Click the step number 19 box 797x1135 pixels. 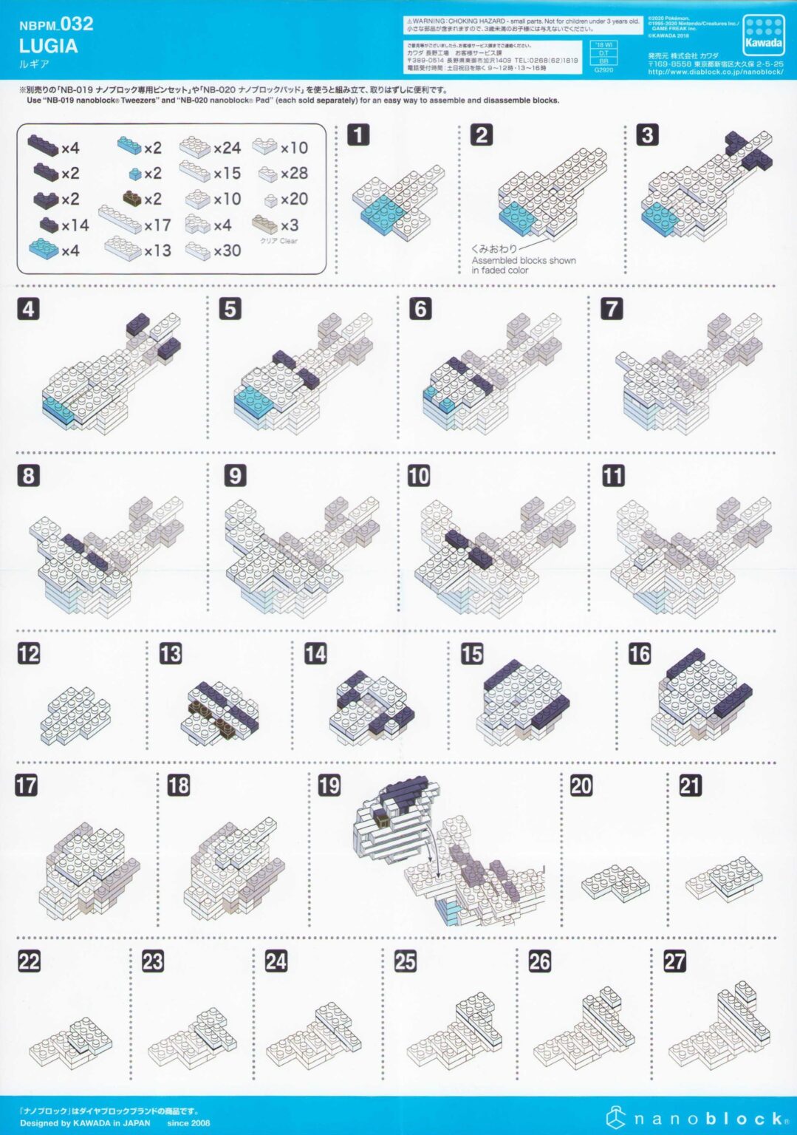[329, 785]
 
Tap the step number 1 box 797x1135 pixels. [358, 135]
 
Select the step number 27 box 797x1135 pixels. [674, 961]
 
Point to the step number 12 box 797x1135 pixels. [29, 653]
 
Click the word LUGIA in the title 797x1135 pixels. [48, 46]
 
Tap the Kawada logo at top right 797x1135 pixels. [763, 35]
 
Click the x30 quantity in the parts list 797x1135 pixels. [227, 250]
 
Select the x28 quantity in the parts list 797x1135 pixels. [294, 173]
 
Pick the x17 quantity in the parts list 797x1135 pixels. [157, 225]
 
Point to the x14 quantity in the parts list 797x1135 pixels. [75, 225]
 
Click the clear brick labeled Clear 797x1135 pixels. [264, 225]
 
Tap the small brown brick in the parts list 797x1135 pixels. [133, 198]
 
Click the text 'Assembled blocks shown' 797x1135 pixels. [523, 260]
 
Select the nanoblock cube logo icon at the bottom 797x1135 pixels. [617, 1118]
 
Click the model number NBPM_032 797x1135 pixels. [56, 24]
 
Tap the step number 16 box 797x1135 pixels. [639, 653]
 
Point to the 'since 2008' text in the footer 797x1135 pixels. [188, 1123]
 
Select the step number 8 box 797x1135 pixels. [29, 475]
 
